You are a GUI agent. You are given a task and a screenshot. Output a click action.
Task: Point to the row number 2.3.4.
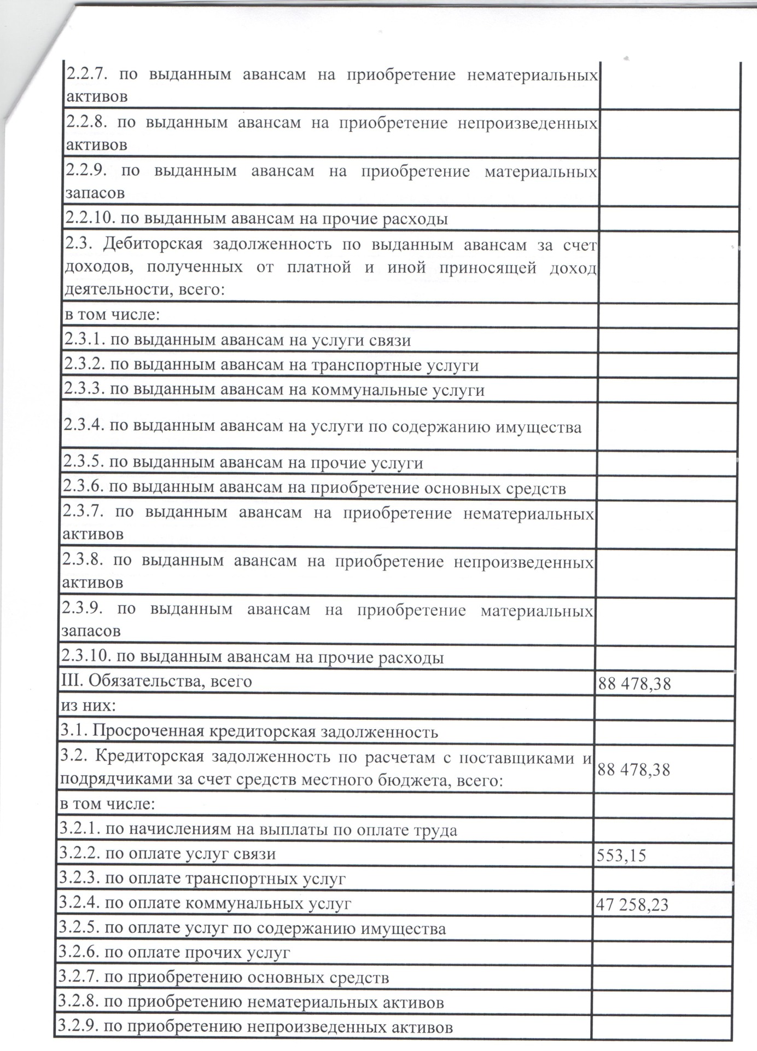point(85,426)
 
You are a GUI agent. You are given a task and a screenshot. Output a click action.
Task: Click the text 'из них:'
point(88,706)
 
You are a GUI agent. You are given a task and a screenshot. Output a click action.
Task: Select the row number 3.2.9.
point(79,1027)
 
